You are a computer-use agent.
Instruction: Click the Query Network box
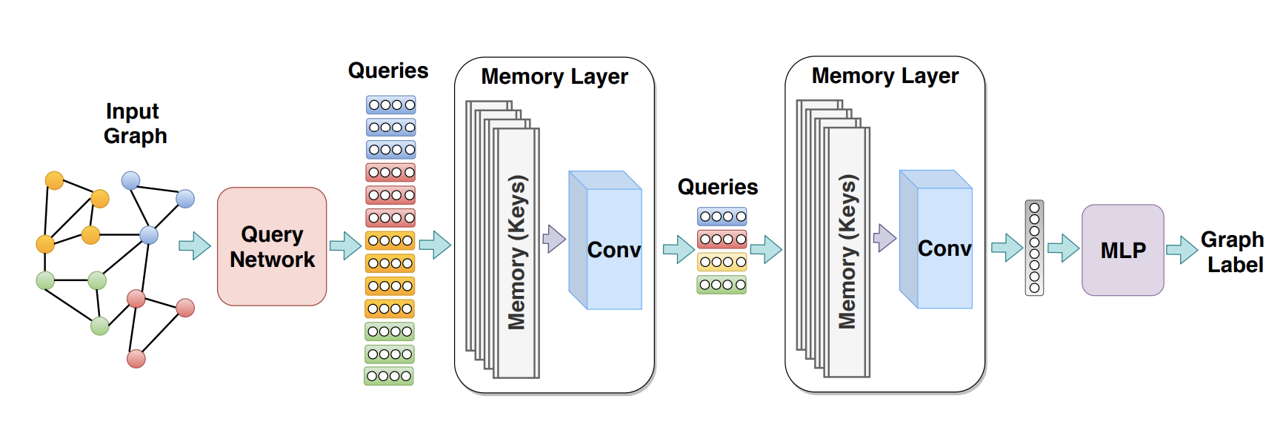(272, 246)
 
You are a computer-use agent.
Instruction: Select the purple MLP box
(1122, 250)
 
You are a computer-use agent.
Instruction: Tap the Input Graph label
(135, 123)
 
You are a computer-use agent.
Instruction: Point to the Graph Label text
(1233, 252)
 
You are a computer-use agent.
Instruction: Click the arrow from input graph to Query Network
(195, 245)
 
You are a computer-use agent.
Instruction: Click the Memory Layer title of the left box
(554, 76)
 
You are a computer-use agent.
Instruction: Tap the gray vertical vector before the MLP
(1034, 248)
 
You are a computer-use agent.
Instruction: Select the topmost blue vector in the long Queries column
(391, 105)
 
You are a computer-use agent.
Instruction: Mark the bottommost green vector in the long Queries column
(389, 376)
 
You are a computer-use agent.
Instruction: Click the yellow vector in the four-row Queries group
(722, 262)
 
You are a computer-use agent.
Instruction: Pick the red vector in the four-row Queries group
(722, 239)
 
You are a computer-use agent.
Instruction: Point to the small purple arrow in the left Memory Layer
(554, 239)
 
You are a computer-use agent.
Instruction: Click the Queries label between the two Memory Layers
(717, 187)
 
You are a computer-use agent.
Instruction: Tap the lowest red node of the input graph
(136, 359)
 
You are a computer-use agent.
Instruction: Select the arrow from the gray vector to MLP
(1063, 248)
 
